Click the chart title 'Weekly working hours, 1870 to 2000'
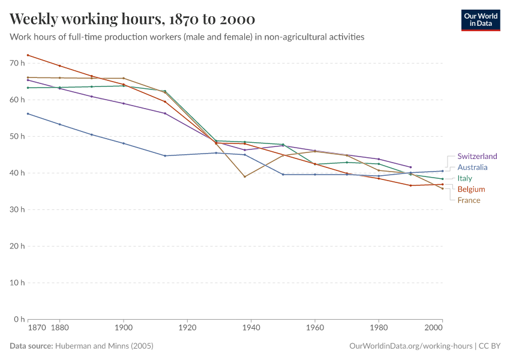tap(132, 19)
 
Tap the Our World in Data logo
tap(480, 20)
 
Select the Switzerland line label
tap(477, 157)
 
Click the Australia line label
tap(472, 167)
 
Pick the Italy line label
tap(464, 178)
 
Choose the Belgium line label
tap(471, 189)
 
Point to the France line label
tap(469, 200)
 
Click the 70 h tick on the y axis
tap(17, 63)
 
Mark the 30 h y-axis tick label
tap(17, 209)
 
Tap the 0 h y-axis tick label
tap(19, 319)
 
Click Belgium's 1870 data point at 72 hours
tap(28, 55)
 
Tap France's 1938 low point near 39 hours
tap(245, 176)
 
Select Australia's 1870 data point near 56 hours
tap(28, 113)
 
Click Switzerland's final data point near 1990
tap(410, 167)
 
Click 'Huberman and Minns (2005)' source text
tap(104, 346)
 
